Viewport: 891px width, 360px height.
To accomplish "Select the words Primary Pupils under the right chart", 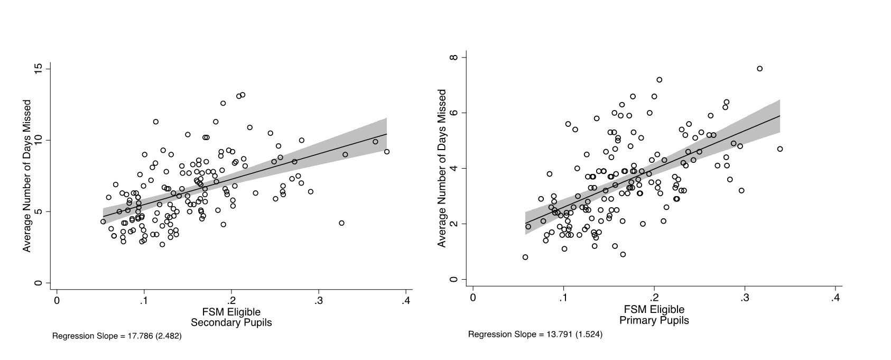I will pyautogui.click(x=654, y=320).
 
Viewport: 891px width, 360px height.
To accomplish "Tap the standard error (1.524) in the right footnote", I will pyautogui.click(x=589, y=334).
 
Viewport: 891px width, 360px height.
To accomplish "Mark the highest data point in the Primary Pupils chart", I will pyautogui.click(x=759, y=69).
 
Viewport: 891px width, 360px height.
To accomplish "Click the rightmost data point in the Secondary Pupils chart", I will pyautogui.click(x=387, y=152).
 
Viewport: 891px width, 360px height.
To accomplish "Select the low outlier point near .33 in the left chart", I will pyautogui.click(x=341, y=223).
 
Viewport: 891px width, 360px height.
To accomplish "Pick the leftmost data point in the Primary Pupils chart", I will pyautogui.click(x=525, y=257).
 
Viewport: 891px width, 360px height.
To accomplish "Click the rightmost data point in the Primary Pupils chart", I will pyautogui.click(x=779, y=149).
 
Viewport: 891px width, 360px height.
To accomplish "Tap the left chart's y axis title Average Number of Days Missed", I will pyautogui.click(x=27, y=176).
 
